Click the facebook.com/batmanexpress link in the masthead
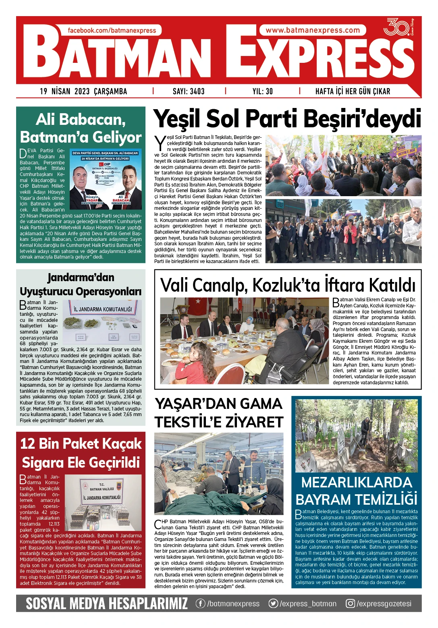tap(112, 30)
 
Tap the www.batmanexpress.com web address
tap(313, 30)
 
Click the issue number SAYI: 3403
tap(189, 91)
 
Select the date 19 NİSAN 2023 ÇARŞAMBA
tap(83, 91)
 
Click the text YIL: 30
tap(263, 91)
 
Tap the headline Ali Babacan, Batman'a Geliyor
tap(81, 128)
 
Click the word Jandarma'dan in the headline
tap(81, 278)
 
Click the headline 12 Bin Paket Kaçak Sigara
tap(81, 453)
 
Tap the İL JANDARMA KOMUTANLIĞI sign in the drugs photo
tap(103, 309)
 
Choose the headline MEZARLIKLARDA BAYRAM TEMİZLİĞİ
tap(356, 491)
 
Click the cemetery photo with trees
tap(356, 435)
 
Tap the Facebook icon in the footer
tap(200, 603)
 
